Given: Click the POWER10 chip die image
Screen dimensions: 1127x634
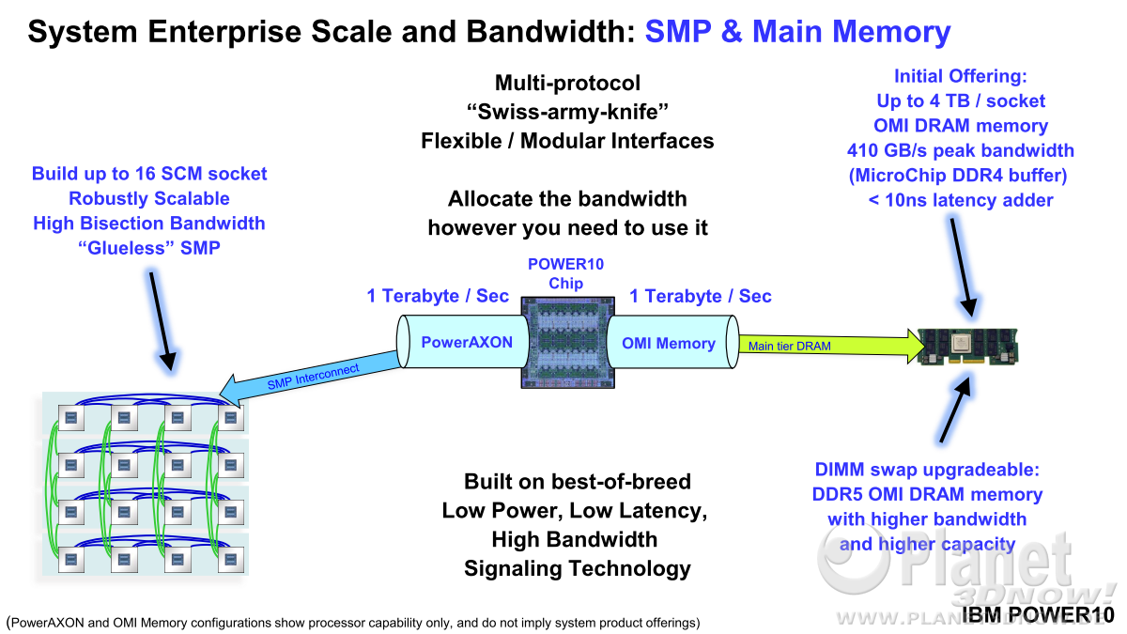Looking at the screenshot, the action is (568, 343).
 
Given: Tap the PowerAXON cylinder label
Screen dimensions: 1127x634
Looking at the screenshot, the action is (467, 342).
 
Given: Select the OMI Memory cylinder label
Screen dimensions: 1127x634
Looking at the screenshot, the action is (669, 343).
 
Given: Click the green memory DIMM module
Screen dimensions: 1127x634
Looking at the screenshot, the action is (967, 347).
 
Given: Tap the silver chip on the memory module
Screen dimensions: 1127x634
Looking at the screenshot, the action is (964, 345).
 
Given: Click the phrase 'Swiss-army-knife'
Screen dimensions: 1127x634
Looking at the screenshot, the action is (567, 112).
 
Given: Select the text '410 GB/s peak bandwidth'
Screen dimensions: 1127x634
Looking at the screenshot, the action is (961, 150).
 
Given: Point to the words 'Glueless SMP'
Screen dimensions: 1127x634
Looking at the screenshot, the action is (149, 248).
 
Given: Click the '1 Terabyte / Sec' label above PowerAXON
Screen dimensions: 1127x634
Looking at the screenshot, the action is (438, 296).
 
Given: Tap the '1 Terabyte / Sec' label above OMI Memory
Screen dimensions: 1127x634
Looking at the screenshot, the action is (701, 296).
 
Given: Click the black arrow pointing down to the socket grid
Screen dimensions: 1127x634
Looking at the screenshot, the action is (161, 321).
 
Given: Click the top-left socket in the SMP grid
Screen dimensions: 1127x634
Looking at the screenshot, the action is (71, 418).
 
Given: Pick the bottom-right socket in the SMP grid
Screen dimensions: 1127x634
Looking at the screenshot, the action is (231, 560).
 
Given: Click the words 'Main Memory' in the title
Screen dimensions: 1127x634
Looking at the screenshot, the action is (851, 31).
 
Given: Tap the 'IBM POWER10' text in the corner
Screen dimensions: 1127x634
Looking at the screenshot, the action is (1039, 615).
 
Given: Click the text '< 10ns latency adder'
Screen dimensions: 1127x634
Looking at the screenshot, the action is (961, 200).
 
